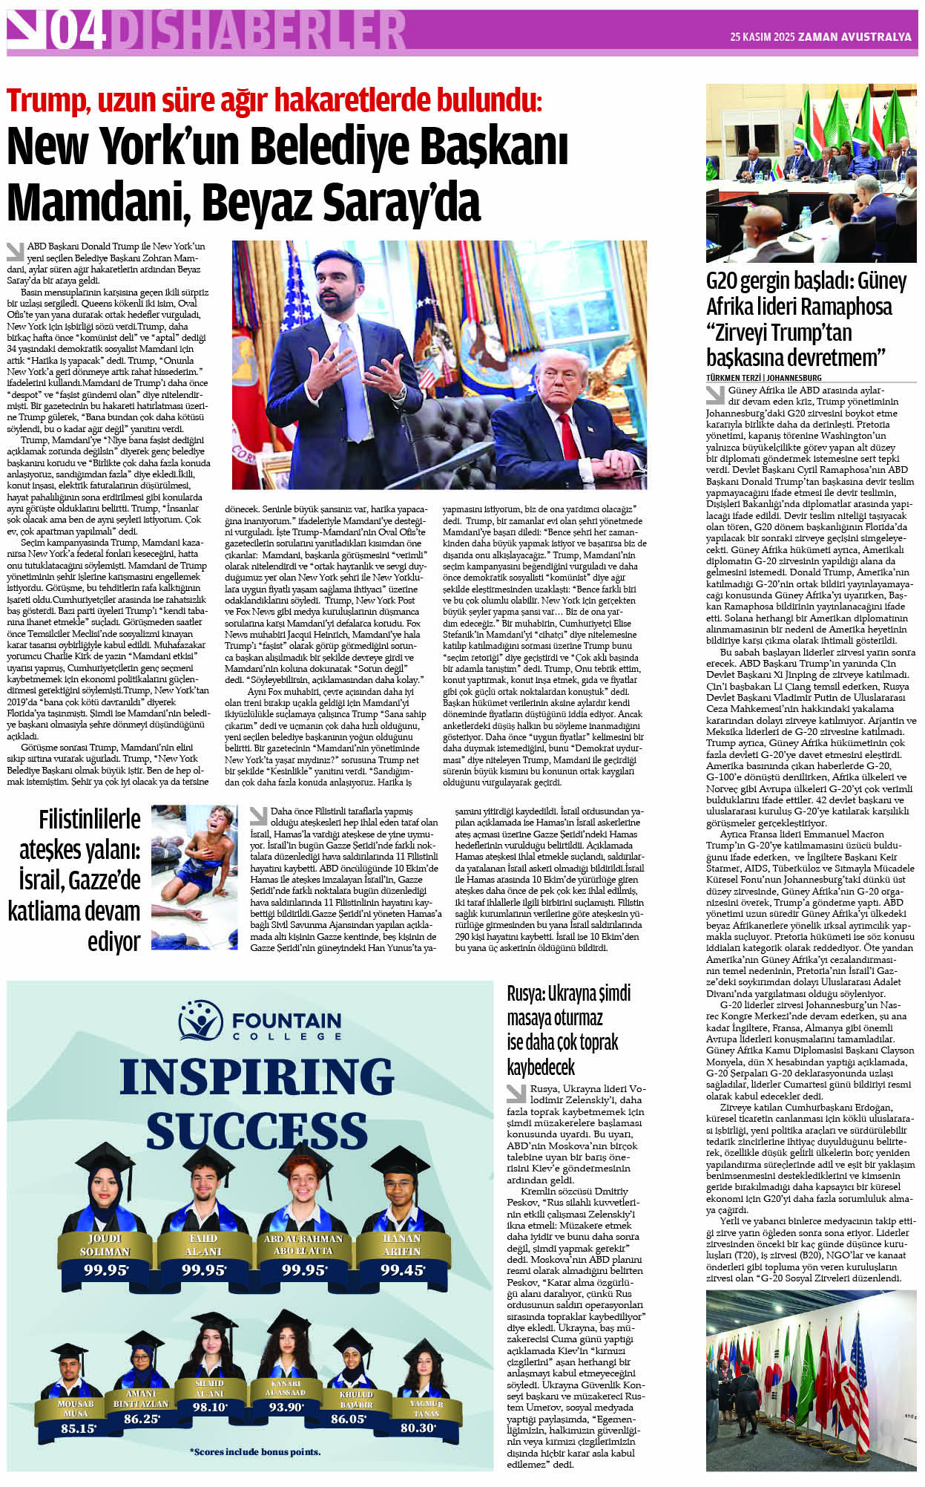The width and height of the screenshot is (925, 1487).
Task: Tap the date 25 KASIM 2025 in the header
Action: point(762,36)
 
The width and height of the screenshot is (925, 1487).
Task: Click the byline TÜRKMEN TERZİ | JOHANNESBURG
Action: point(763,378)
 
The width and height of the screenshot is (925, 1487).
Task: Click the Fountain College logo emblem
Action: point(200,1021)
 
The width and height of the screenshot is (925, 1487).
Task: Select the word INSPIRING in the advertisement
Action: point(257,1076)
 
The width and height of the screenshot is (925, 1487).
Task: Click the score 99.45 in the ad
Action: point(403,1270)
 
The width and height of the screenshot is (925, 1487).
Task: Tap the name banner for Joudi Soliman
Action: point(105,1245)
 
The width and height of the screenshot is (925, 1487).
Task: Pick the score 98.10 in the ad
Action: point(210,1407)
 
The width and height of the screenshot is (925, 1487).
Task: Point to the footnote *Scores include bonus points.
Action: point(255,1451)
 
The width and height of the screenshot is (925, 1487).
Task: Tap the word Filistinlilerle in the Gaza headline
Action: point(90,820)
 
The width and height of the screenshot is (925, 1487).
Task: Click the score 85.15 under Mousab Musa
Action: point(78,1428)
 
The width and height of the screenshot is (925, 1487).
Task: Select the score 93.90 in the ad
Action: point(286,1407)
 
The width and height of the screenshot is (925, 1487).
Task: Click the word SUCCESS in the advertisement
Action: point(257,1131)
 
